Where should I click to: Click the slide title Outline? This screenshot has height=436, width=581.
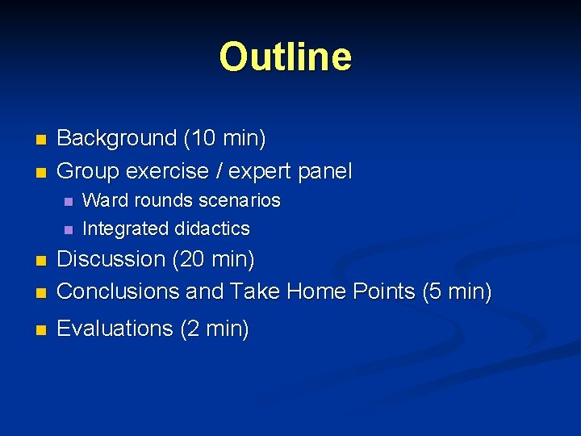click(286, 57)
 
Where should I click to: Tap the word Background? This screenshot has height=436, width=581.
click(116, 139)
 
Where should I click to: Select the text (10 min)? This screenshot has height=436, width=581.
click(224, 139)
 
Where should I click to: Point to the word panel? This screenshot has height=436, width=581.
click(325, 171)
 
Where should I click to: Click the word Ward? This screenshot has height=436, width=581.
click(102, 200)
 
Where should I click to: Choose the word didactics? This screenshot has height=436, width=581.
click(212, 228)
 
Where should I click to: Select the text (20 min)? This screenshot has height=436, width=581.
click(215, 260)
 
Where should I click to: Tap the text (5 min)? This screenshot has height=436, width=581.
click(456, 291)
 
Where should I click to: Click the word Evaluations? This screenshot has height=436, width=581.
click(115, 329)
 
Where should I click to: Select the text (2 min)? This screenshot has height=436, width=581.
click(214, 329)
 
